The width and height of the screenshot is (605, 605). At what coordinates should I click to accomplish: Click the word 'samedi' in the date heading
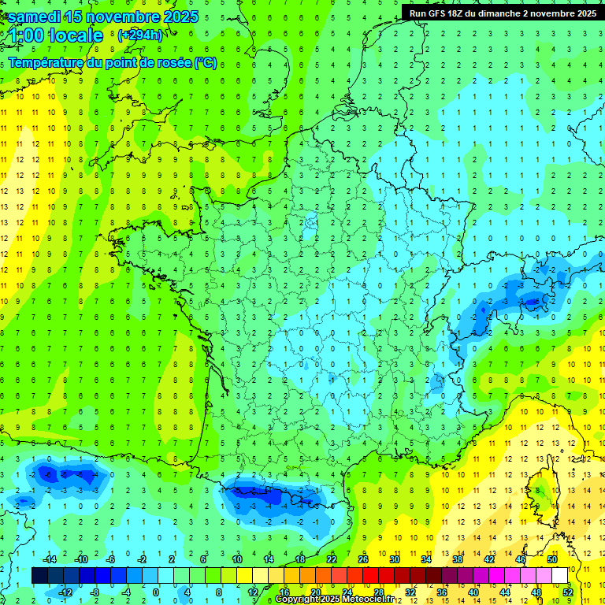[x=35, y=17]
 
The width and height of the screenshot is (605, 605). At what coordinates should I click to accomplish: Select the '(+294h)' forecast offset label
[x=139, y=35]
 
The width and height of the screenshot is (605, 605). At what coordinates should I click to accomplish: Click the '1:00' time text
[x=24, y=35]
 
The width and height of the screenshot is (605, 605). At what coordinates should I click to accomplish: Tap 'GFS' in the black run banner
[x=438, y=13]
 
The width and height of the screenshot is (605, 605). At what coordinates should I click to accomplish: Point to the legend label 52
[x=568, y=592]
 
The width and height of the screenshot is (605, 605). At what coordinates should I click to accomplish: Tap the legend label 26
[x=363, y=559]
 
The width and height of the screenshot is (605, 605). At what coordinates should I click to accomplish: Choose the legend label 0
[x=155, y=592]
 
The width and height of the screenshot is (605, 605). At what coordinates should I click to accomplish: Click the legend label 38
[x=458, y=559]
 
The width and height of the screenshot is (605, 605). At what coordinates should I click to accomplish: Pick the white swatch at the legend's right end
[x=560, y=576]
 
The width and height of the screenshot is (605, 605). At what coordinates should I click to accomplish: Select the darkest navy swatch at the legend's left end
[x=40, y=576]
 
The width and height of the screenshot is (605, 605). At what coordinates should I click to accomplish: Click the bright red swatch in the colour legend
[x=371, y=576]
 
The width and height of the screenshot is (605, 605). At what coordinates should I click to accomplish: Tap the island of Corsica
[x=543, y=492]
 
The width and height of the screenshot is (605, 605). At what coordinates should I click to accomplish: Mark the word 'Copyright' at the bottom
[x=299, y=599]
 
